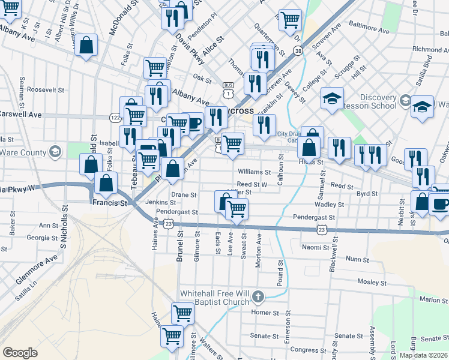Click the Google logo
click(20, 353)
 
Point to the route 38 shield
click(298, 52)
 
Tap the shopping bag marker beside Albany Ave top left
click(86, 46)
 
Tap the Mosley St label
click(372, 282)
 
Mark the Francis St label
click(110, 203)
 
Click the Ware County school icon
click(56, 151)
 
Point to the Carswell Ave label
click(21, 113)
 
